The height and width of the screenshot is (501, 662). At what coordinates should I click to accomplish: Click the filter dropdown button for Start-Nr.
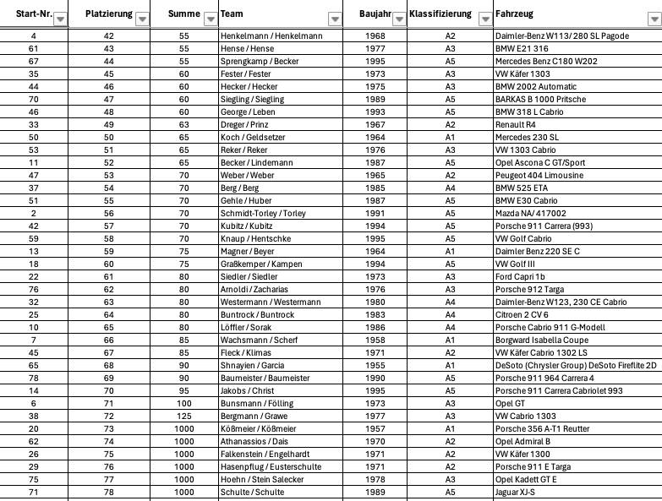click(x=60, y=18)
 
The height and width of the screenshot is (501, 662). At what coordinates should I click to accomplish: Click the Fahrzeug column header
click(x=515, y=14)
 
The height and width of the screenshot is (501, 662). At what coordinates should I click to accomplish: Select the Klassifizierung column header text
click(x=440, y=14)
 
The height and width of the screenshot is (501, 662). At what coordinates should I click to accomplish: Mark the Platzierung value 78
click(x=109, y=492)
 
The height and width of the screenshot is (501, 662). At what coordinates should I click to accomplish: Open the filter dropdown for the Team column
click(x=335, y=18)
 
